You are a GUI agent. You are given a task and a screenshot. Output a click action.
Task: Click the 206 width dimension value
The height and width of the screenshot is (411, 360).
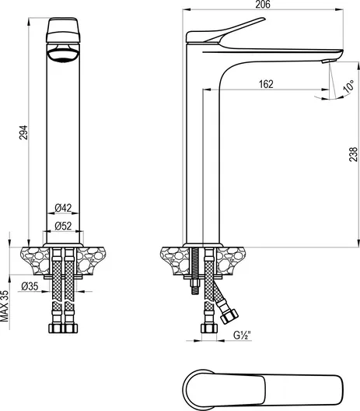tap(263, 5)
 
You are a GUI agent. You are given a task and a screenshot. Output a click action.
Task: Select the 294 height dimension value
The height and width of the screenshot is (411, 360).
tap(23, 132)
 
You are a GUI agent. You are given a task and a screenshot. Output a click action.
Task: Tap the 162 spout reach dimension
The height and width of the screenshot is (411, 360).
tap(266, 84)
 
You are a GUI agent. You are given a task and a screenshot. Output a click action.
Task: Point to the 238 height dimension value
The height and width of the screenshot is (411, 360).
tap(353, 154)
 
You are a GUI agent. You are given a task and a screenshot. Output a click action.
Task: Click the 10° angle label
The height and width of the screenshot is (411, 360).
tap(348, 86)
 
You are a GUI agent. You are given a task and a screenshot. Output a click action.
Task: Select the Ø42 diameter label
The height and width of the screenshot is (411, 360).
tap(63, 208)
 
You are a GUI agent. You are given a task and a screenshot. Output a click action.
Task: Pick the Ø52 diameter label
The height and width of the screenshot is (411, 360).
tap(63, 226)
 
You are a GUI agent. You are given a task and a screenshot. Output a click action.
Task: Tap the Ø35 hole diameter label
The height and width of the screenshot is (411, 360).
tap(30, 286)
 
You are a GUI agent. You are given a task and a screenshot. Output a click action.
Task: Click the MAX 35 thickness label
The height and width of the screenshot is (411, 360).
tap(5, 306)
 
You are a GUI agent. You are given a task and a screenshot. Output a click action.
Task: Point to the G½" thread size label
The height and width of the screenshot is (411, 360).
tap(242, 335)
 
